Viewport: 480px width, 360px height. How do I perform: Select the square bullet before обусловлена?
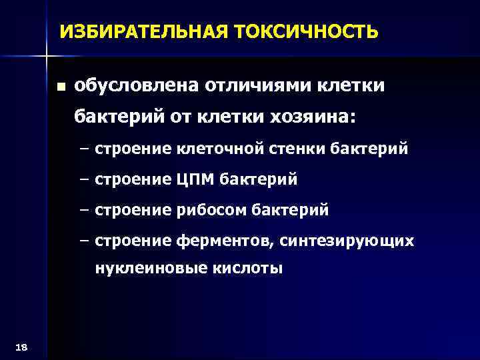click(x=61, y=87)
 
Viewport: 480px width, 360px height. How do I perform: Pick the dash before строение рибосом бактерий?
click(x=83, y=211)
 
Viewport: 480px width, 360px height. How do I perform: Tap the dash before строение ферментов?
click(x=83, y=241)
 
